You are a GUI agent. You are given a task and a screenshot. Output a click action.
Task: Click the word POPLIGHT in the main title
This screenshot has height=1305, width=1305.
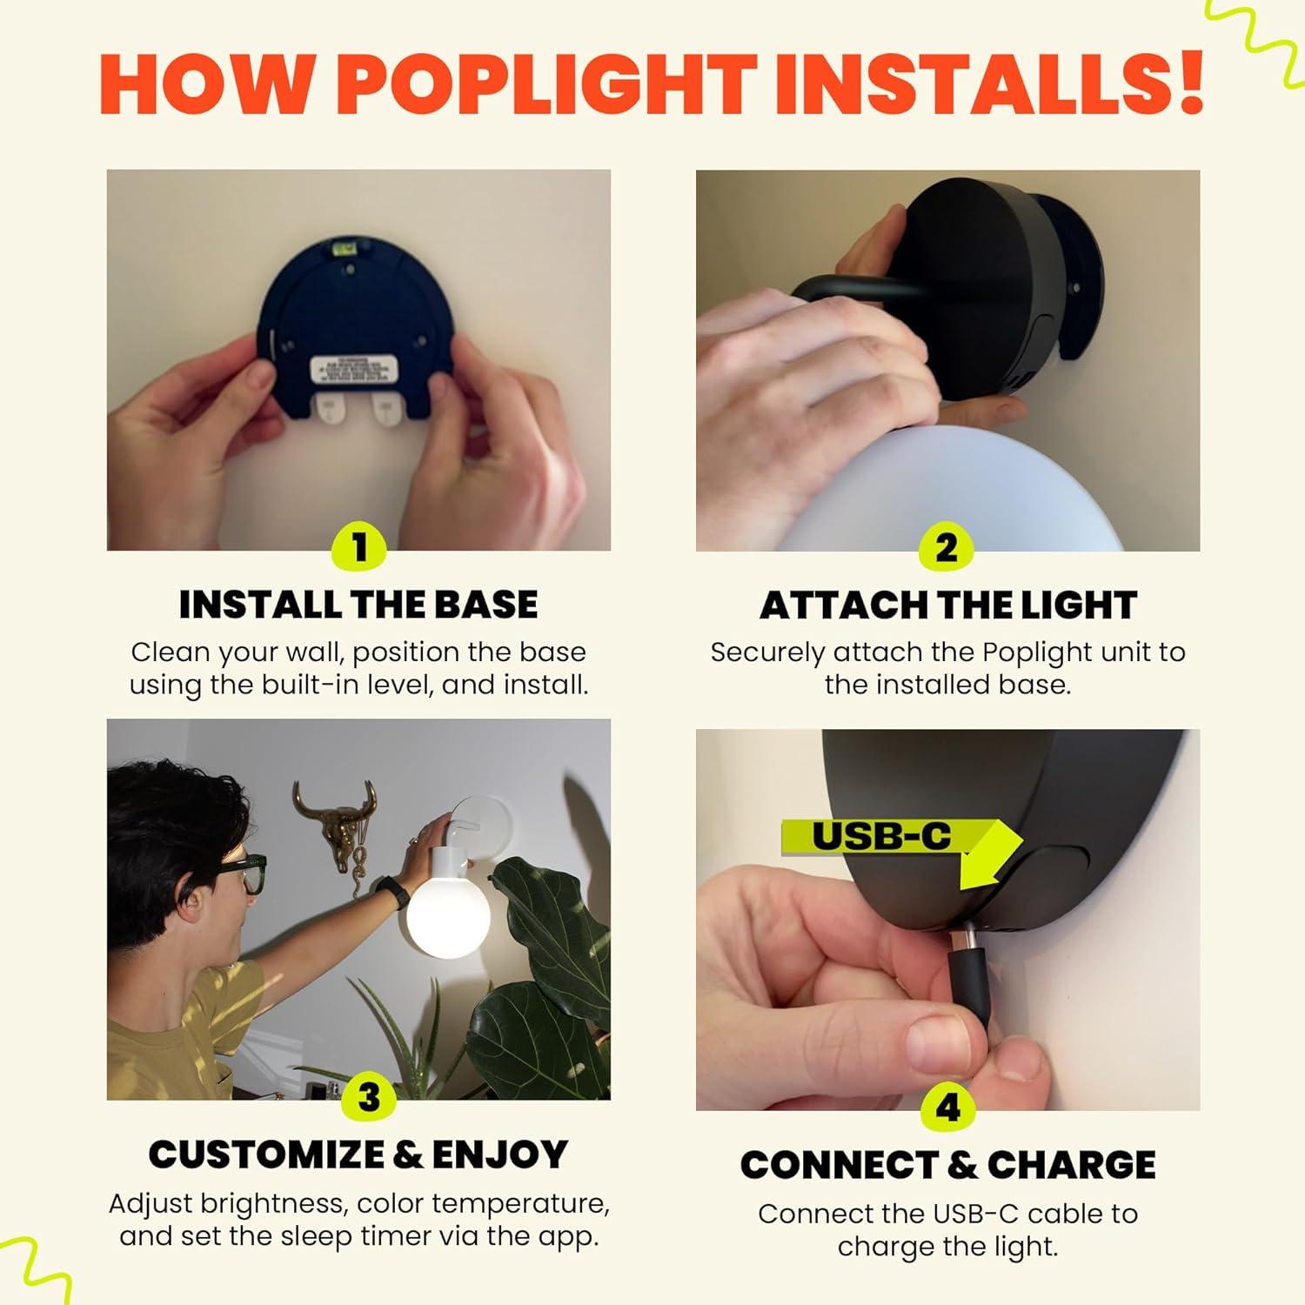(x=546, y=84)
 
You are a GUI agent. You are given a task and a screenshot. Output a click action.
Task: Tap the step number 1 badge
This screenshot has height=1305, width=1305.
(x=359, y=548)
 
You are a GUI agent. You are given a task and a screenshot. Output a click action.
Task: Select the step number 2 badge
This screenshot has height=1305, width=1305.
(x=947, y=548)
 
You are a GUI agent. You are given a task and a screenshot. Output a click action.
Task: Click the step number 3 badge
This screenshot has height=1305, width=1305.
(x=369, y=1097)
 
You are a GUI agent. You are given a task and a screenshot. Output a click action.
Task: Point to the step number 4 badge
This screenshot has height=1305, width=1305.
(x=947, y=1108)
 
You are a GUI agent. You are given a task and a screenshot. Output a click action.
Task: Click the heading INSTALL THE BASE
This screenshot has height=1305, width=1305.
(x=358, y=605)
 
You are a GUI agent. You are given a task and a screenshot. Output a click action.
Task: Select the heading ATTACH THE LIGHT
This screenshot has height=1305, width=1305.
(x=947, y=606)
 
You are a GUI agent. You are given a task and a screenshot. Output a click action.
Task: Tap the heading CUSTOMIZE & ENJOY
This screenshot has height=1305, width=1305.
(x=358, y=1154)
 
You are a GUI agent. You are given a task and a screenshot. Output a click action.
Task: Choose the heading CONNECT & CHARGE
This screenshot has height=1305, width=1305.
(x=947, y=1165)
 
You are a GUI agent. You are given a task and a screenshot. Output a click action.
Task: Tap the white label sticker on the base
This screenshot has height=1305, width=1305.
(x=356, y=371)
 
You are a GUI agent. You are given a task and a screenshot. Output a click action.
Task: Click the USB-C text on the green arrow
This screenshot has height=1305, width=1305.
(x=880, y=836)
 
